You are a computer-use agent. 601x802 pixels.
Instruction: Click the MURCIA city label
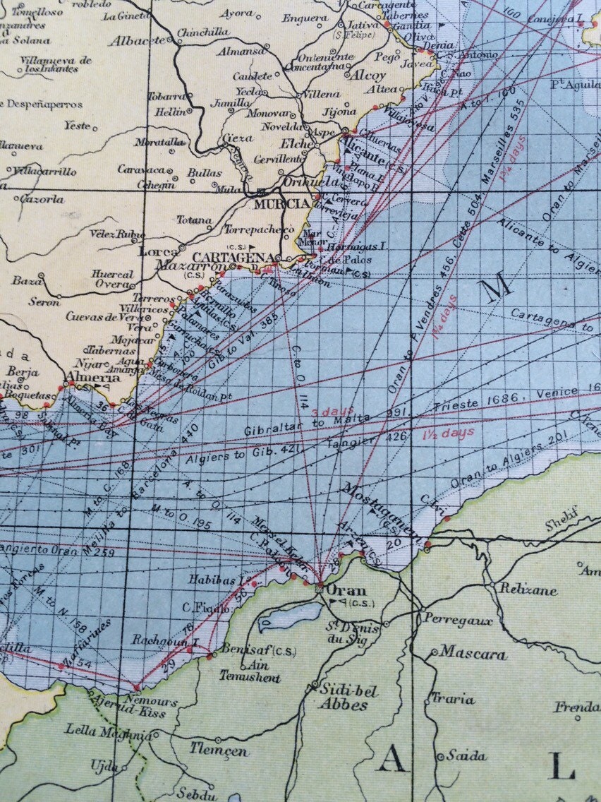point(281,204)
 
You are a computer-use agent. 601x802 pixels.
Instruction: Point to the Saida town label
point(466,756)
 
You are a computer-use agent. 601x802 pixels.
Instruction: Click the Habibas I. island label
point(211,580)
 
